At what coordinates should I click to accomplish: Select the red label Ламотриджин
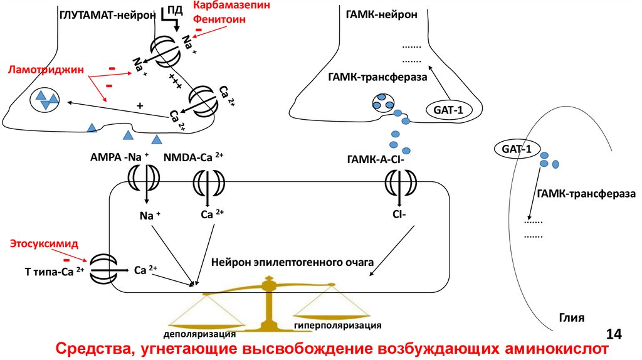37,70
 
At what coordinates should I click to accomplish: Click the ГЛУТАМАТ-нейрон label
107,14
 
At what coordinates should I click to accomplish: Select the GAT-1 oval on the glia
516,149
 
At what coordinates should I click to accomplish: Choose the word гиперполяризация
337,326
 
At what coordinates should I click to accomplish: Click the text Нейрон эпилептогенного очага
292,260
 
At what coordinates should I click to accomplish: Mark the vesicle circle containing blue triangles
45,99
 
